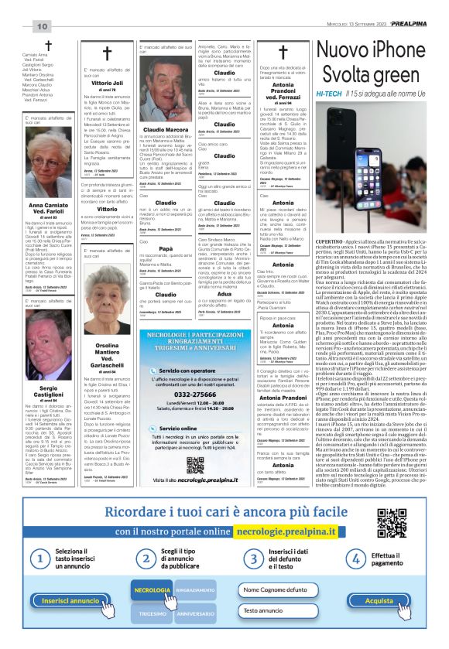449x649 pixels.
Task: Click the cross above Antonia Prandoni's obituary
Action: [x=283, y=53]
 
